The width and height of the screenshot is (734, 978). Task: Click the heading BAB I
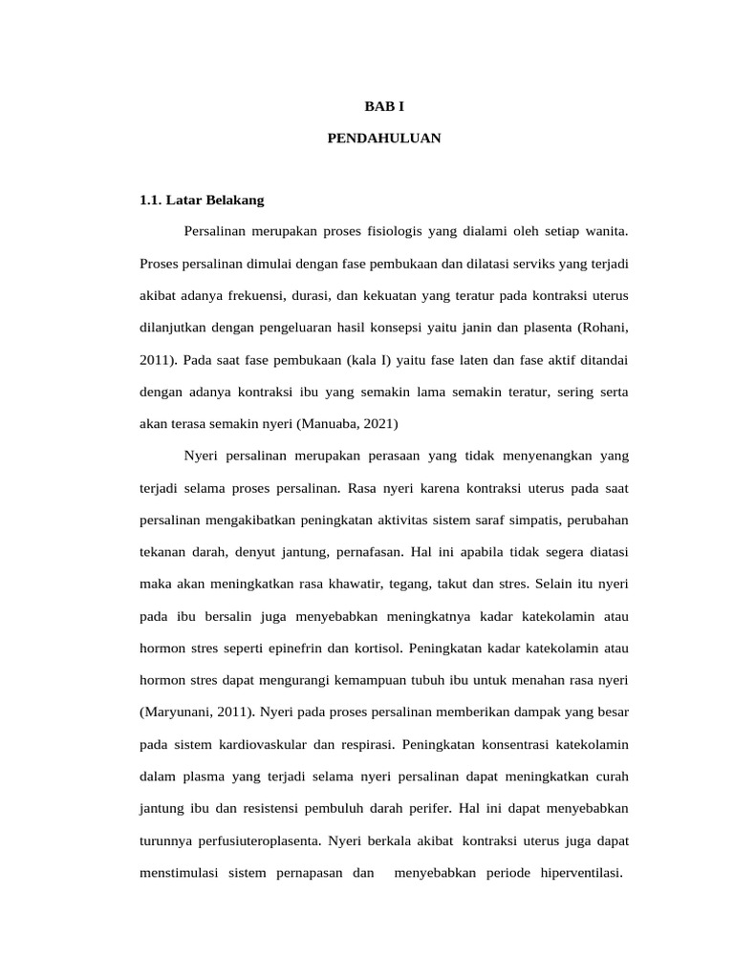pyautogui.click(x=383, y=107)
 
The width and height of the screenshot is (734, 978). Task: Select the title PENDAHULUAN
pyautogui.click(x=383, y=138)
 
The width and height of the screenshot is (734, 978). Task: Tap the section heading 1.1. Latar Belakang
pyautogui.click(x=202, y=201)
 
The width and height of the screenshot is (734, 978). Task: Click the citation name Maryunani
pyautogui.click(x=179, y=712)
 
